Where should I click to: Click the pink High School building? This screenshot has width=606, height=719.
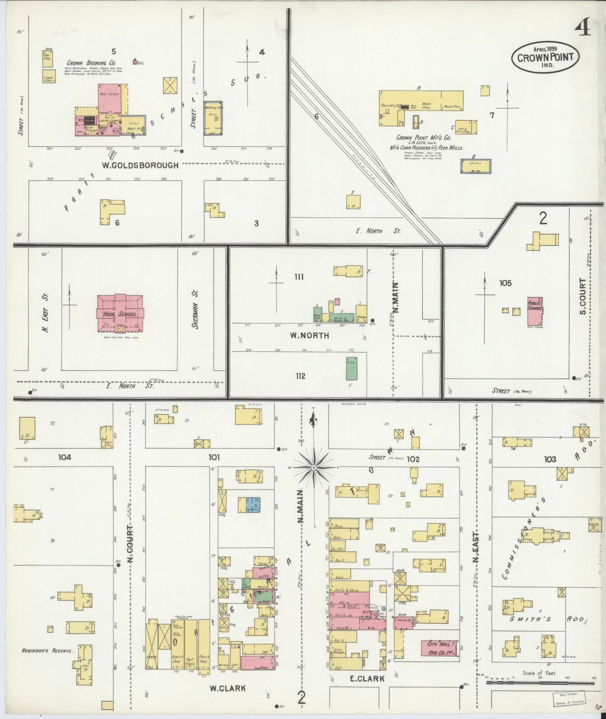120,313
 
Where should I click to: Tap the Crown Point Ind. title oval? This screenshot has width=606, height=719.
545,57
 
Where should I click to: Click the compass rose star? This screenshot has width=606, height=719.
314,467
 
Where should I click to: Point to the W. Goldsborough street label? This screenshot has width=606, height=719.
140,165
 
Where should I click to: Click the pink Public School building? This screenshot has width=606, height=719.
534,311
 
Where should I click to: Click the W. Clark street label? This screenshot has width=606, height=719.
227,688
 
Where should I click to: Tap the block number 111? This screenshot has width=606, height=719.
299,277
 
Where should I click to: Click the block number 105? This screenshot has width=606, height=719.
505,283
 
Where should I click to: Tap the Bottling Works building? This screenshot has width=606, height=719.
213,118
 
